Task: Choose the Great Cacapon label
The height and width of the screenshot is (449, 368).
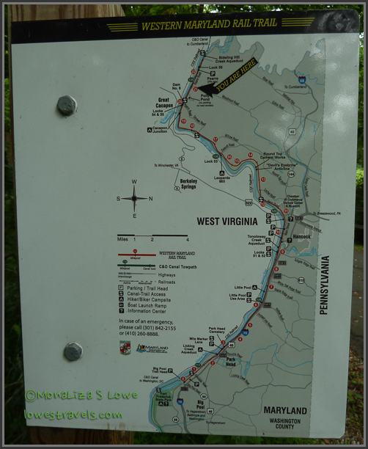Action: click(167, 103)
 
